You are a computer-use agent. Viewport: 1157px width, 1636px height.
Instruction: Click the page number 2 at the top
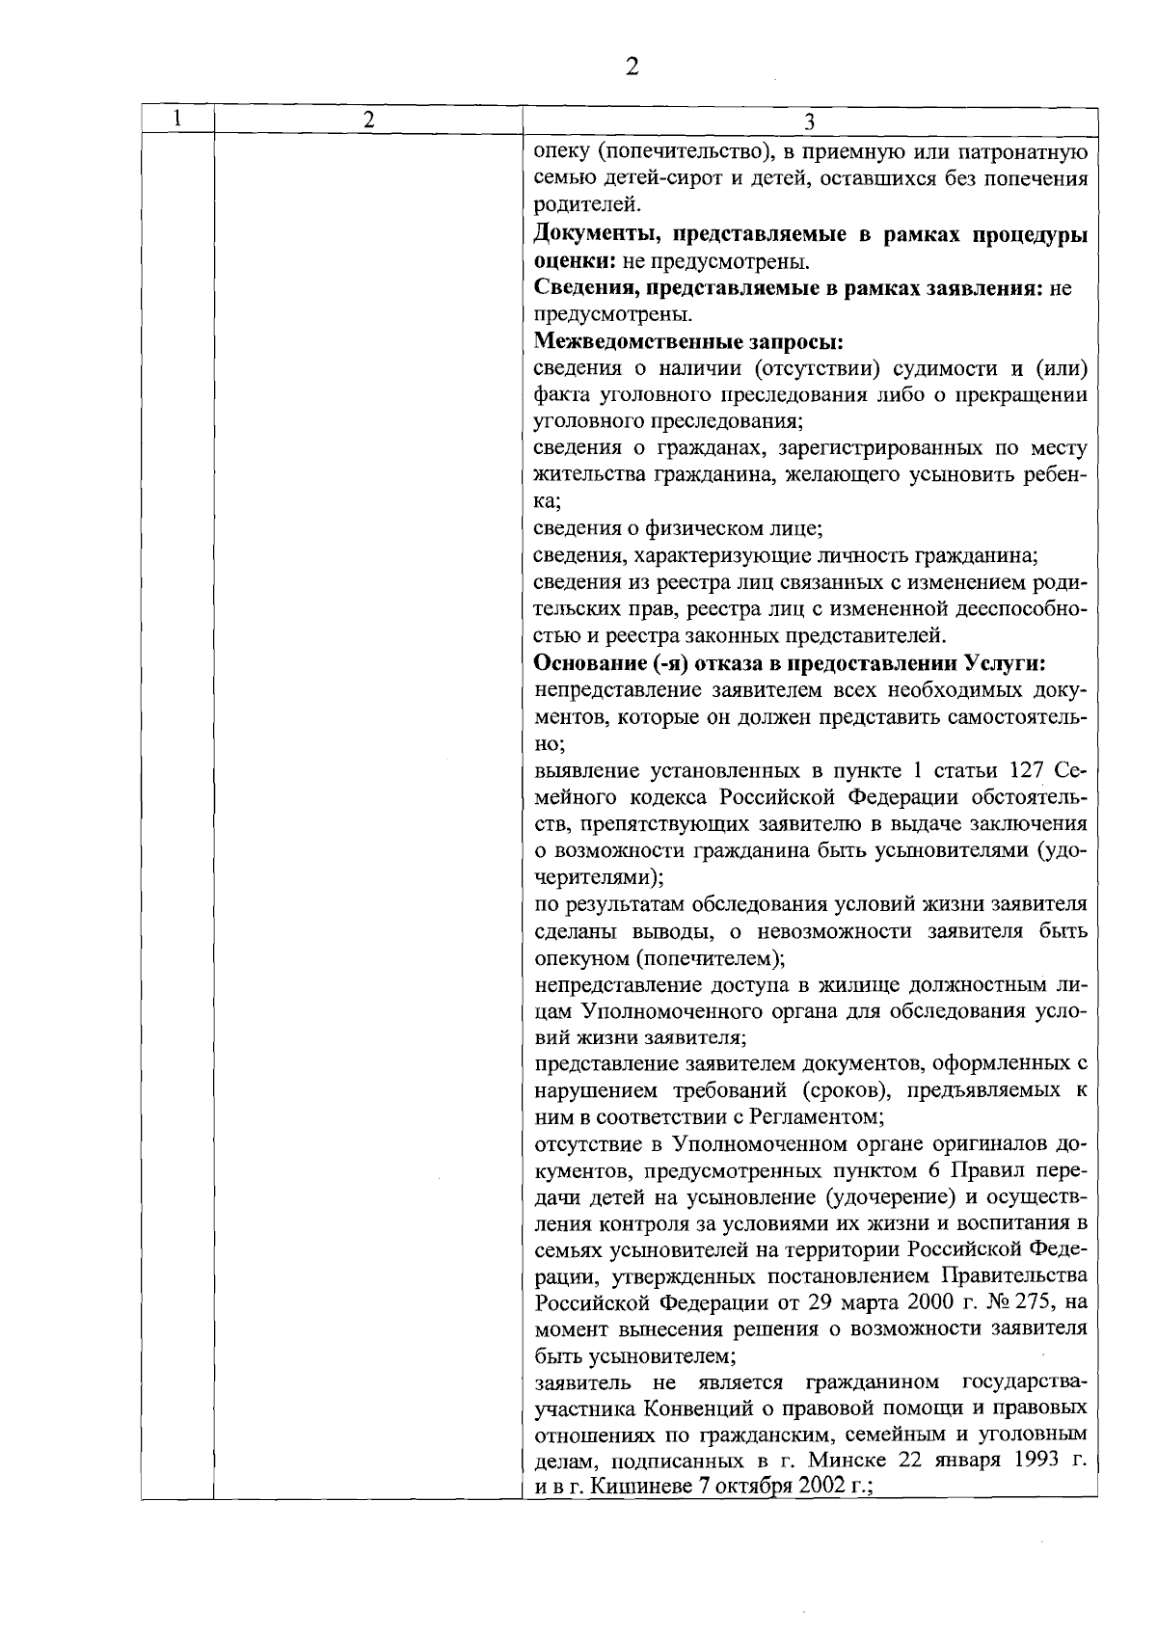[x=632, y=67]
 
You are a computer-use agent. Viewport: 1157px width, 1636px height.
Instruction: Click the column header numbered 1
[x=176, y=120]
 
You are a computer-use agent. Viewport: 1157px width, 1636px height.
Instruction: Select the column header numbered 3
[x=809, y=121]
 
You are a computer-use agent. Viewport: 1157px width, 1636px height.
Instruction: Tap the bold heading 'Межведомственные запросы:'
[x=689, y=341]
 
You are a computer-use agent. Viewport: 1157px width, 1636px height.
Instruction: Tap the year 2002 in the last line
[x=814, y=1486]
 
